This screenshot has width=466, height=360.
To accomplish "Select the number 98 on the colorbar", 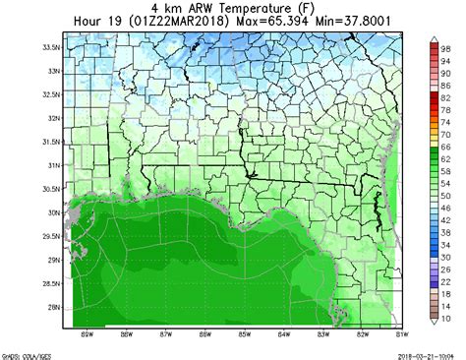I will coord(445,47).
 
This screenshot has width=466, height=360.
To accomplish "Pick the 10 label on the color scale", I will coord(445,318).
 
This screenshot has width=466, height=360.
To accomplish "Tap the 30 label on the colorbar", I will coord(445,257).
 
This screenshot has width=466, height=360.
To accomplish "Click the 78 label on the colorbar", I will coord(445,109).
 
